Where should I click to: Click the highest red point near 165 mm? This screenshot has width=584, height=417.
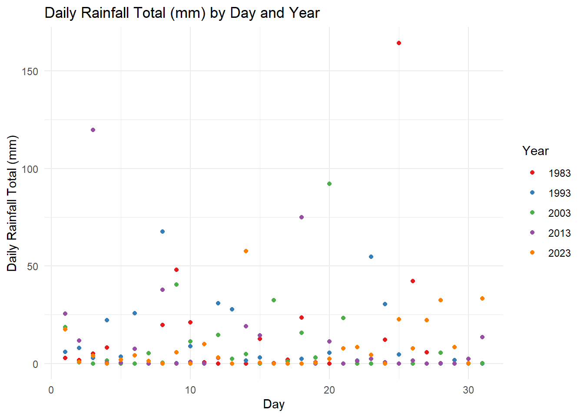pos(398,43)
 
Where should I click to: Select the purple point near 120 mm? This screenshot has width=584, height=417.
pos(93,130)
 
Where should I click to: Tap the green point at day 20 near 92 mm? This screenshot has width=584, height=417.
pos(329,184)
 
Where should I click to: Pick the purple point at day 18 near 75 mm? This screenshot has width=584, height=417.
pos(301,217)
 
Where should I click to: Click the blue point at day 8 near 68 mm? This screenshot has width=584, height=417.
pos(162,232)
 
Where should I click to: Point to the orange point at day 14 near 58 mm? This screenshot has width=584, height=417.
pos(246,251)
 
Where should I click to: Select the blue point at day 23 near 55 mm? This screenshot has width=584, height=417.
pos(371,257)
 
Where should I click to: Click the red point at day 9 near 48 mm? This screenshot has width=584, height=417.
pos(176,270)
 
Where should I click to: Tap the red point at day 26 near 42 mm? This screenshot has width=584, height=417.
pos(412,281)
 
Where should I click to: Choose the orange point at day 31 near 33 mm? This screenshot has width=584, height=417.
pos(482,298)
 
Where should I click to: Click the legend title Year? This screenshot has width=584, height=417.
pos(535,151)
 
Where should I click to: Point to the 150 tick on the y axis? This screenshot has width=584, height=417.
pos(30,72)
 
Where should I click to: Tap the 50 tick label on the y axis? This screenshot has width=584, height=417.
pos(33,266)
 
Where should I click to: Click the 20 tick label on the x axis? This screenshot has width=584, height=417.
pos(329,390)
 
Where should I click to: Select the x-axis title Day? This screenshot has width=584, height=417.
pos(274,404)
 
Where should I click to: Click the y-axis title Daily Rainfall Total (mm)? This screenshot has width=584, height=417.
pos(12,203)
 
